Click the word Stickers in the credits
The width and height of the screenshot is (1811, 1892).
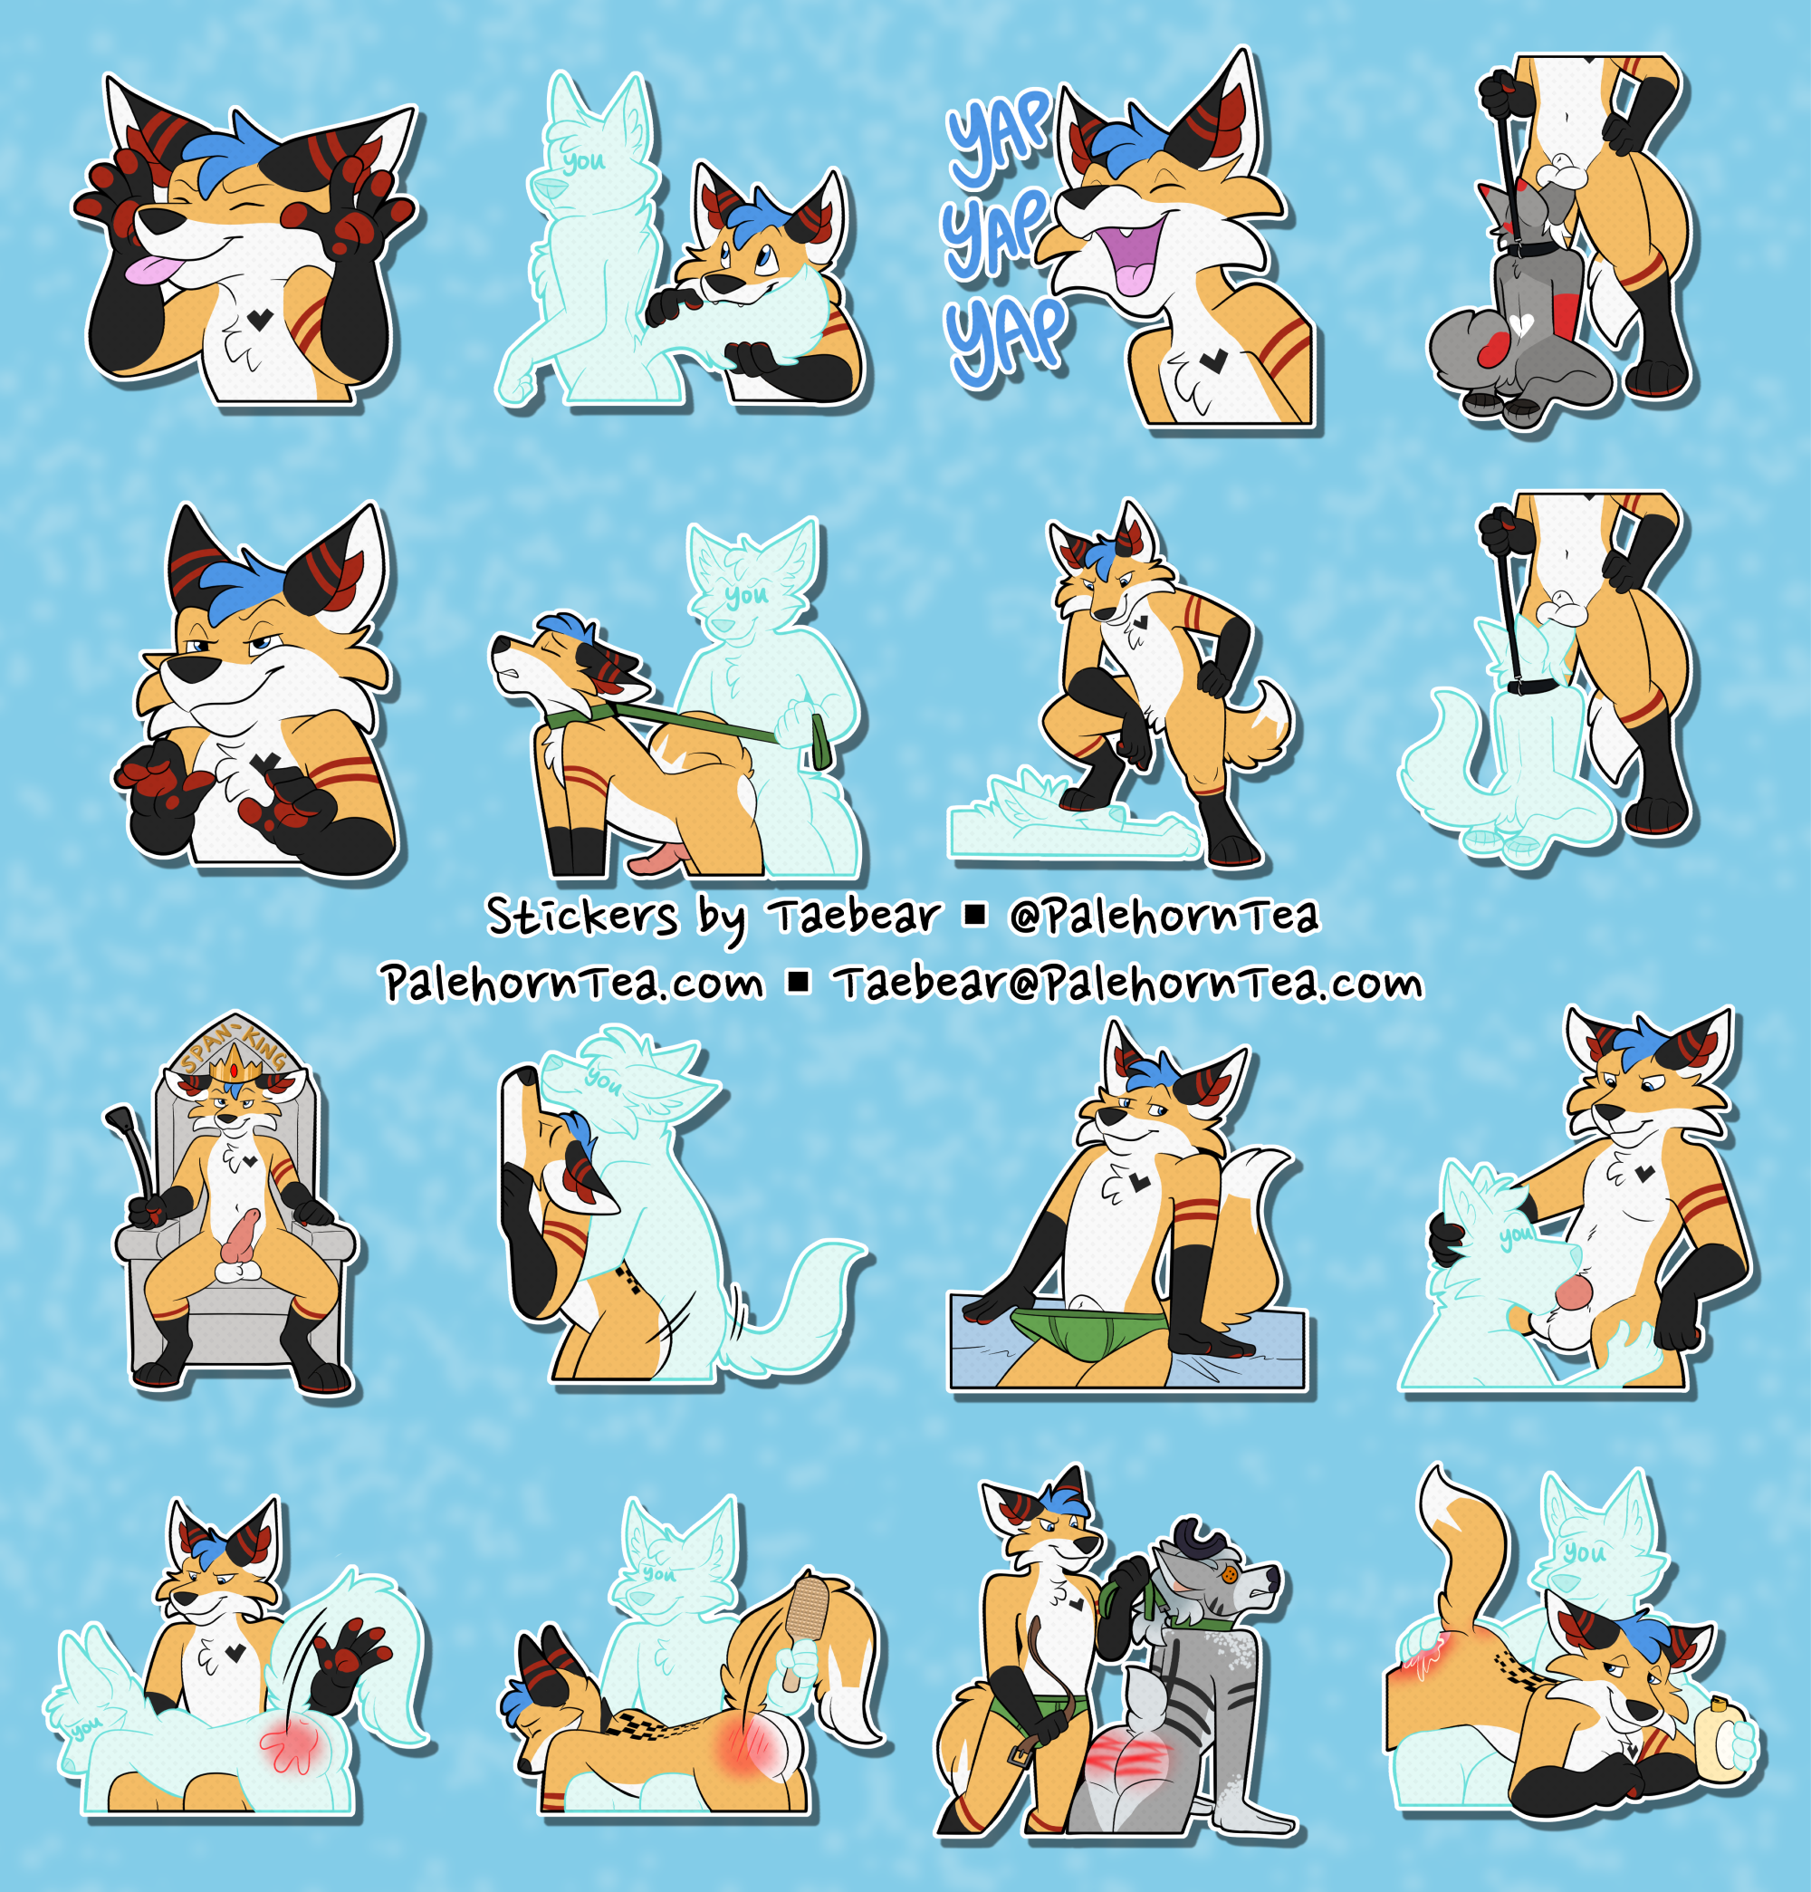582,915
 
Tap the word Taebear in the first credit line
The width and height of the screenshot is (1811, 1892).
854,914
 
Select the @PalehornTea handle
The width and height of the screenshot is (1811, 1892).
1164,916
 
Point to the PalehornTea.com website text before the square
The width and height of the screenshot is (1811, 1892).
572,984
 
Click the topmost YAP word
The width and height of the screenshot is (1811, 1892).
999,135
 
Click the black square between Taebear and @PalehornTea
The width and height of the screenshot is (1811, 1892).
975,914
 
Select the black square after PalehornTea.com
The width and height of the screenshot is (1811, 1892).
799,983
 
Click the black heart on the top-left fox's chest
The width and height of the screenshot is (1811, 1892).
259,319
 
